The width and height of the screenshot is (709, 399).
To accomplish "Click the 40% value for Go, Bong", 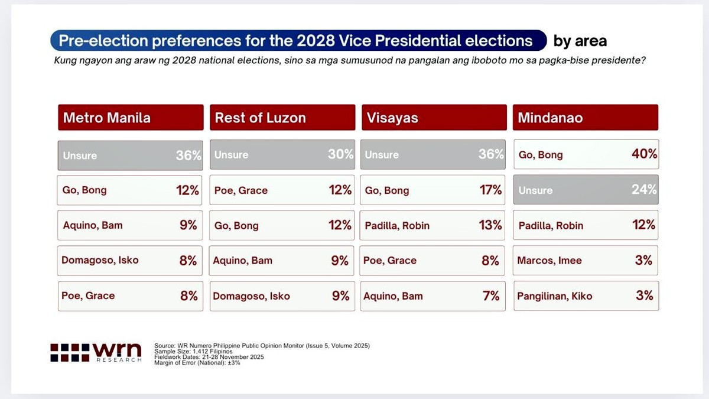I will (644, 154).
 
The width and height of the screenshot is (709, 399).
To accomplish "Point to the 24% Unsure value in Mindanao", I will (644, 190).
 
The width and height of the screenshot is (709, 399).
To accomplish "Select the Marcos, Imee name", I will (549, 260).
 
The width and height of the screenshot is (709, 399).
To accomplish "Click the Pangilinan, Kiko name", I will (554, 296).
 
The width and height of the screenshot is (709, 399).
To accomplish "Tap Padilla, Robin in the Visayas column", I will (397, 225).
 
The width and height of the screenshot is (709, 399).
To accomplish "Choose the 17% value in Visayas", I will (490, 190).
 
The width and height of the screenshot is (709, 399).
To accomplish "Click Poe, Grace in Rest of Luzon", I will (241, 190).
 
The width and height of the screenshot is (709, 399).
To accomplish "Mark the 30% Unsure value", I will (340, 154).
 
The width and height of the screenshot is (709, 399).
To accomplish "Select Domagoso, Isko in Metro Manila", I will (100, 260).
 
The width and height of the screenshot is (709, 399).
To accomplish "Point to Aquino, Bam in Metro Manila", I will (93, 225).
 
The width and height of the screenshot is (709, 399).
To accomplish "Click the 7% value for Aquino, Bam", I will (491, 296).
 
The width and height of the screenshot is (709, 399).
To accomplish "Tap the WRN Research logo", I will (96, 352).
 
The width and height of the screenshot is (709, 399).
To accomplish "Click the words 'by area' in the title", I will (580, 41).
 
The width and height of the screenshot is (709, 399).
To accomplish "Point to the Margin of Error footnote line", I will (197, 362).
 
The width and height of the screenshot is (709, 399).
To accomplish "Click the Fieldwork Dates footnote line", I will (209, 357).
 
